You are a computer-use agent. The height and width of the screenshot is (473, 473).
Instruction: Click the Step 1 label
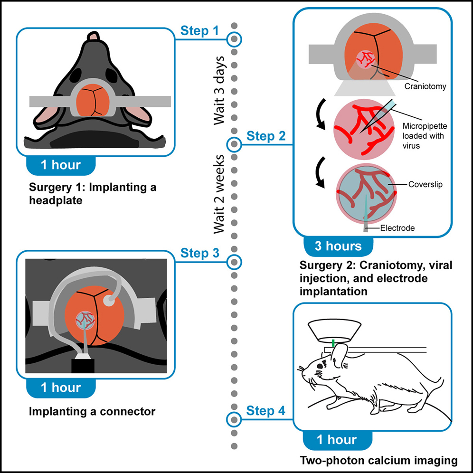coord(199,32)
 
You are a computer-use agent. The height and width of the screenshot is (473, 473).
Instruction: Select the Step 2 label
coord(266,136)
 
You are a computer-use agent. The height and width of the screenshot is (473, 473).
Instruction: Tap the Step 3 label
coord(199,253)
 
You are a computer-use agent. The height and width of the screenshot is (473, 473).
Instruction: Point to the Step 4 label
coord(266,411)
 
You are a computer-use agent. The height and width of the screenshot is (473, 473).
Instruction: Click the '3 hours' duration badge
coord(338,246)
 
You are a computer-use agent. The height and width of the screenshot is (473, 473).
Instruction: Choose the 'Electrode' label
coord(397,228)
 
